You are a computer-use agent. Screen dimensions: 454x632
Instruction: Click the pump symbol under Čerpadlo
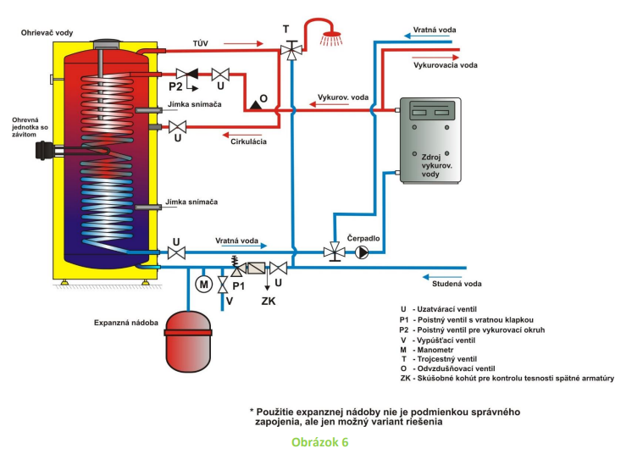point(363,252)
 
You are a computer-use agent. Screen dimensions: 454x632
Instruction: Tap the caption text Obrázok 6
point(319,442)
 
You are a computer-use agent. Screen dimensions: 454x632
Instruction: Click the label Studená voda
point(457,284)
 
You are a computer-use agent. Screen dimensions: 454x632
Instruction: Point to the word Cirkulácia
point(249,141)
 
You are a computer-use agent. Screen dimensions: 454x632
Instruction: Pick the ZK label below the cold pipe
point(268,300)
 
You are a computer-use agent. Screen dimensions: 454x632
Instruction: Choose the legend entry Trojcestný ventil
point(448,358)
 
